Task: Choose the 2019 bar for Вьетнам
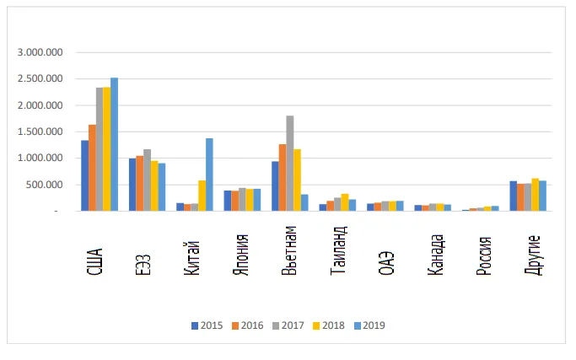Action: pos(304,202)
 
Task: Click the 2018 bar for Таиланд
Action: pos(345,202)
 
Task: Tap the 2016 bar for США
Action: pos(92,168)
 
